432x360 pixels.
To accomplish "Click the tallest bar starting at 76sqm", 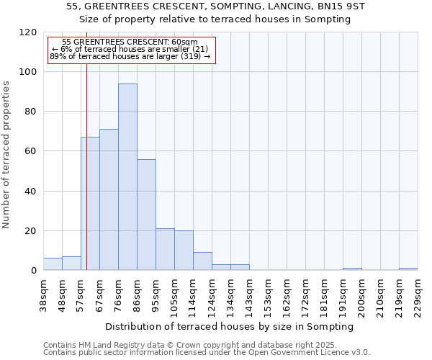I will coord(127,177).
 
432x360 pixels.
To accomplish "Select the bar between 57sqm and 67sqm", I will coord(90,204).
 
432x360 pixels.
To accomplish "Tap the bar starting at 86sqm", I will coord(146,215).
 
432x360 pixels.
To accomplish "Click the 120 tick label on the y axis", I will coord(28,32).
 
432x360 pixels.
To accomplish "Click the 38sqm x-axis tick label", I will coord(43,294).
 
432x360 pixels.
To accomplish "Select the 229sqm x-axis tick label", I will coord(418,294).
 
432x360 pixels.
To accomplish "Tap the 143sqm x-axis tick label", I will coord(249,294).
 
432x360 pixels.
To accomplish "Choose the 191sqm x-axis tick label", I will coord(343,294).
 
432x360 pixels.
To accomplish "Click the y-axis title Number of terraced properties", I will coord(6,154).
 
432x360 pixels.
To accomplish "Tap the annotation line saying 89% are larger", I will coord(130,56).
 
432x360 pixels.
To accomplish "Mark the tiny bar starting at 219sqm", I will coord(408,269).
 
